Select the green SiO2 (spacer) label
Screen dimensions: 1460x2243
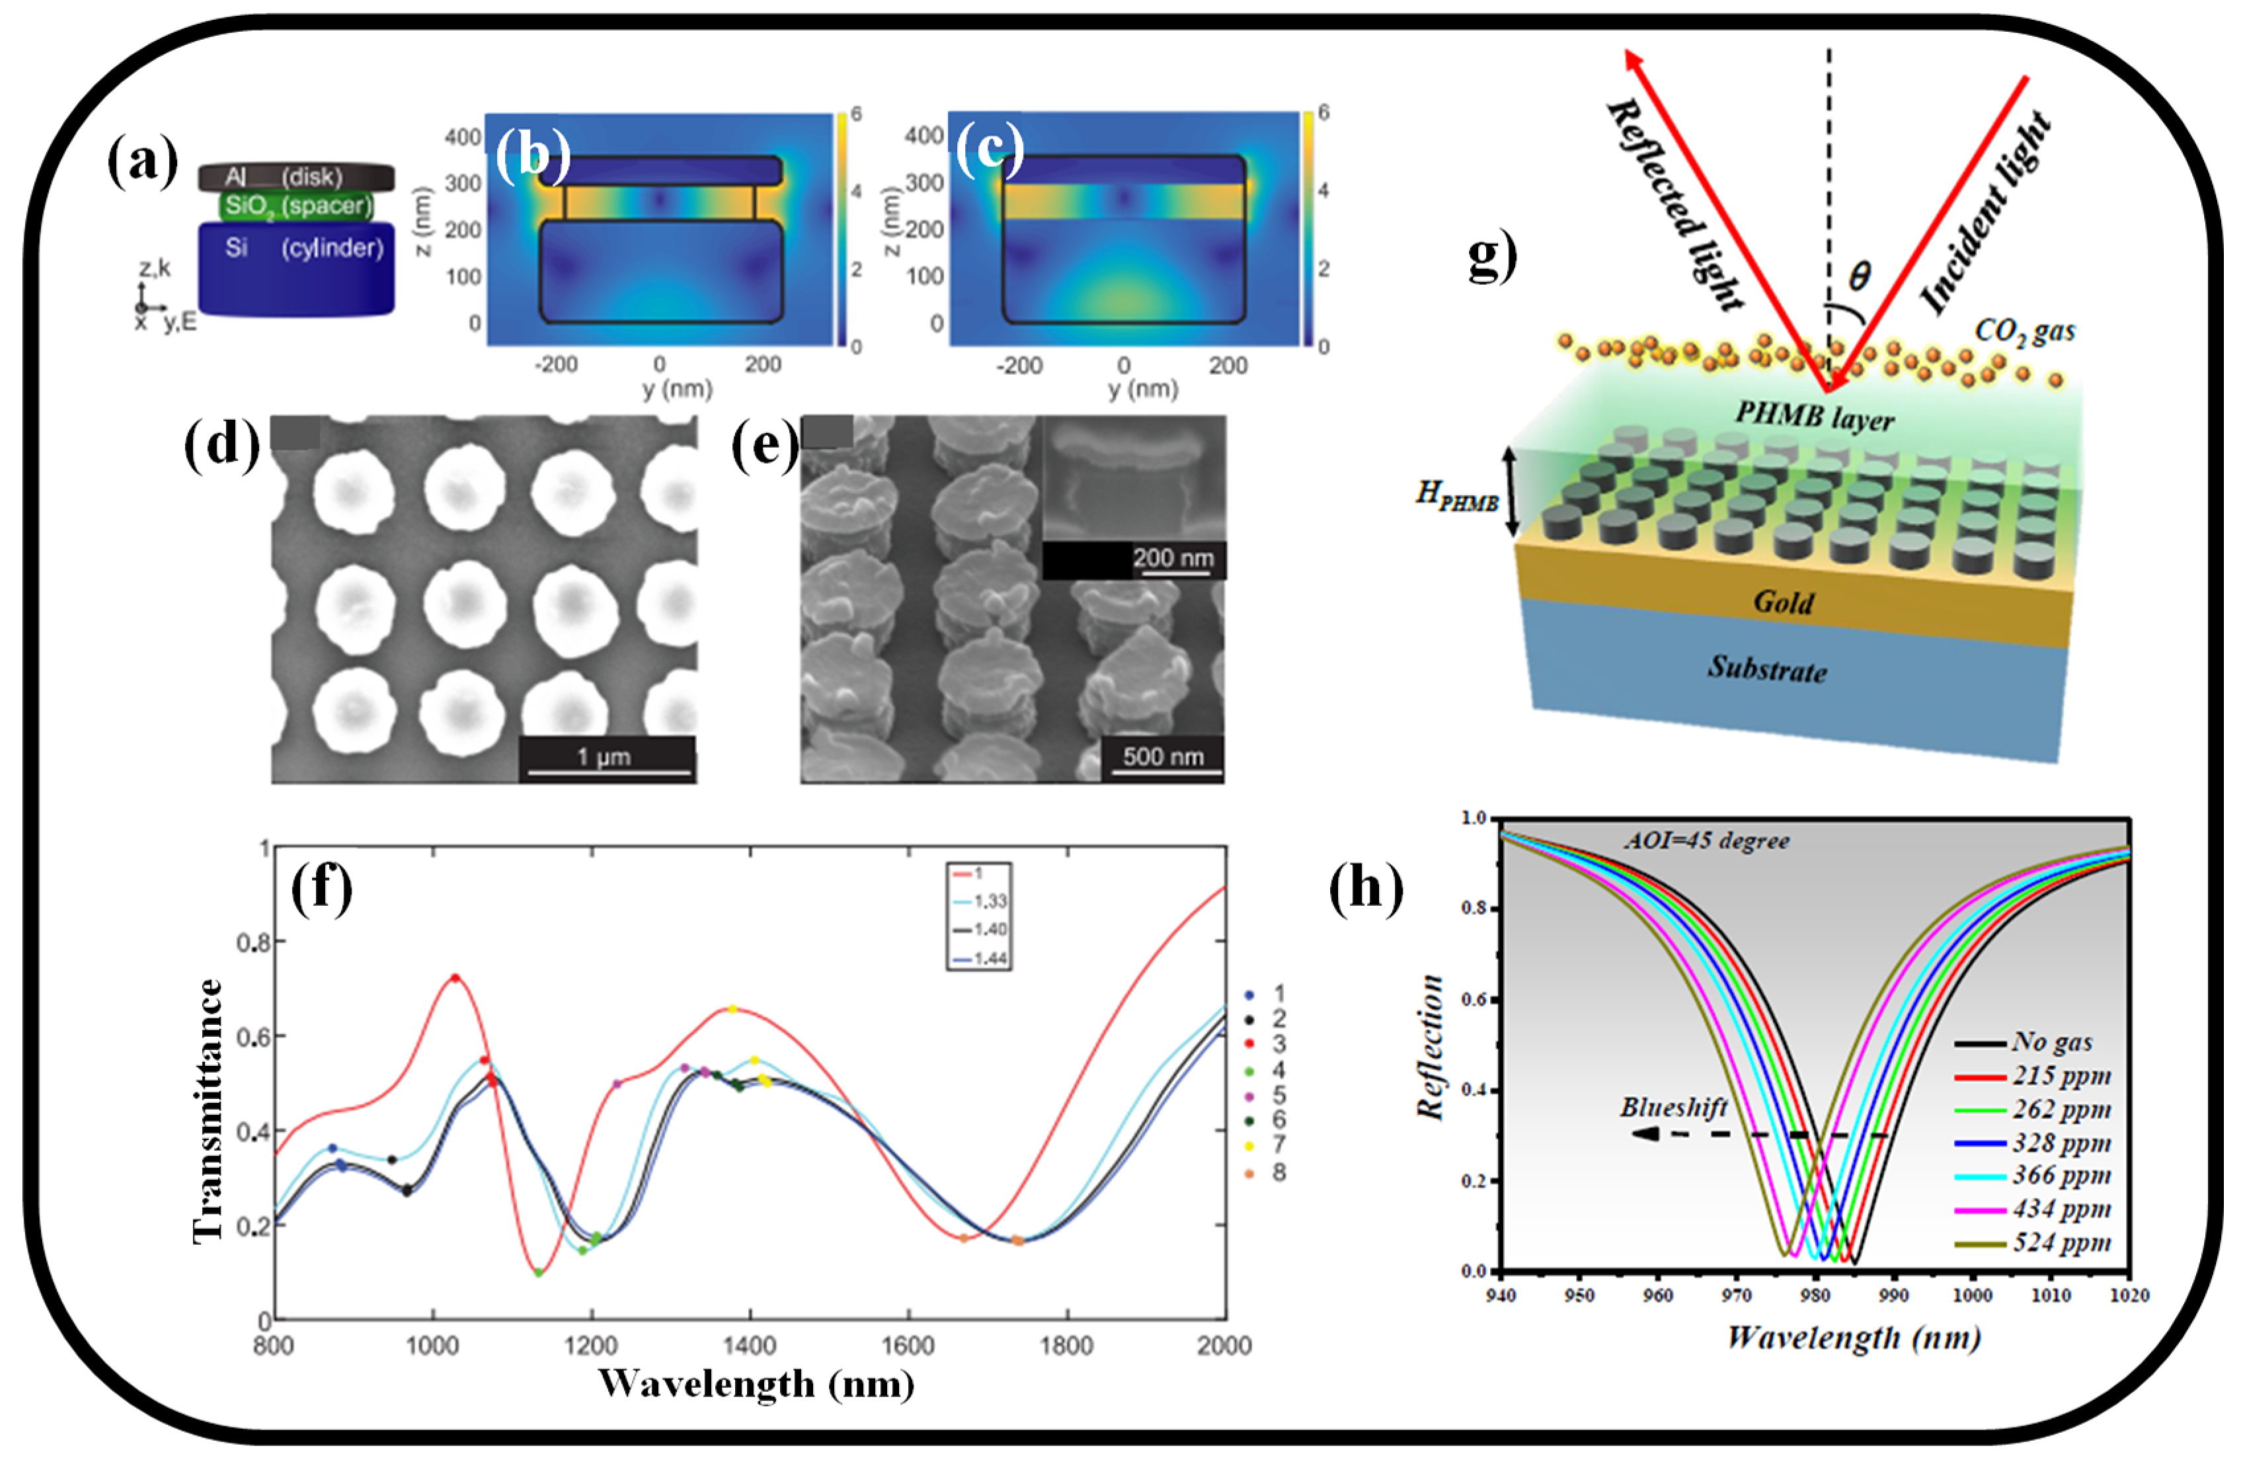pos(296,206)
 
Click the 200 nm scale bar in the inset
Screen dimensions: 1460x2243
pos(1173,558)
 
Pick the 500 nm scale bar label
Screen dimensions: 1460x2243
pos(1163,757)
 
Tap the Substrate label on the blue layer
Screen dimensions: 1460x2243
pos(1767,669)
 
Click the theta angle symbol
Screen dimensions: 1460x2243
pos(1858,276)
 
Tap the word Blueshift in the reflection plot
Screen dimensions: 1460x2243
pos(1672,1108)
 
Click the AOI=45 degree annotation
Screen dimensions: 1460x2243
pos(1706,840)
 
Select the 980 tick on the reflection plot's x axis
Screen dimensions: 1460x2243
pos(1814,1295)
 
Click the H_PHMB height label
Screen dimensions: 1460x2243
pos(1456,497)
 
